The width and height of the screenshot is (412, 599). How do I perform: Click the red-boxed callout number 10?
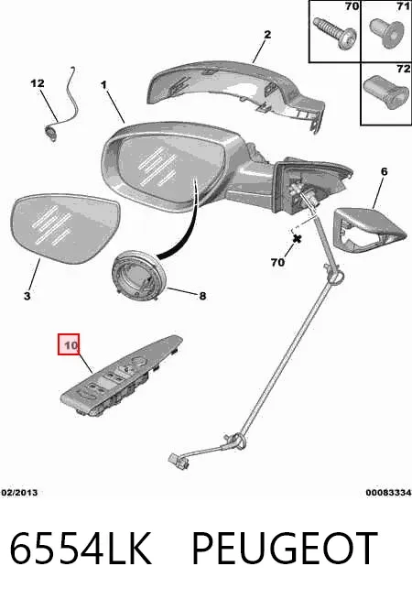tap(69, 344)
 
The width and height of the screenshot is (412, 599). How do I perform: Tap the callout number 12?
tap(38, 83)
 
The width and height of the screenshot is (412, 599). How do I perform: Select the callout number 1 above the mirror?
tap(103, 84)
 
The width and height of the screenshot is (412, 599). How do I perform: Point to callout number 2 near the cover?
tap(267, 35)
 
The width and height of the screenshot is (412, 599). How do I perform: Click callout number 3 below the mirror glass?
tap(27, 296)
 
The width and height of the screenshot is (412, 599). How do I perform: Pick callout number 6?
tap(385, 172)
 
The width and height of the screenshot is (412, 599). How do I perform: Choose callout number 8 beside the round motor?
tap(202, 296)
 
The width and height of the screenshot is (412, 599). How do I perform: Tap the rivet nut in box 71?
tap(386, 35)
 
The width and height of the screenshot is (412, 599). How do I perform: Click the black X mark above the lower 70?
tap(297, 239)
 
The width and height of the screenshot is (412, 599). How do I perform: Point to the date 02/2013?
tap(19, 493)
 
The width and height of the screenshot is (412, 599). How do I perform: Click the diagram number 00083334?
tap(389, 493)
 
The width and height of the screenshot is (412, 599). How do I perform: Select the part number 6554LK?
tap(81, 549)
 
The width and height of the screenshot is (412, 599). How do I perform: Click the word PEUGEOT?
tap(285, 549)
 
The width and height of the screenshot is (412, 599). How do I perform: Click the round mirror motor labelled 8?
tap(139, 275)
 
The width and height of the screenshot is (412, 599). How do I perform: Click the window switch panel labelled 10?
tap(122, 376)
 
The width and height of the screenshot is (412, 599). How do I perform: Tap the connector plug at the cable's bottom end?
tap(178, 461)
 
